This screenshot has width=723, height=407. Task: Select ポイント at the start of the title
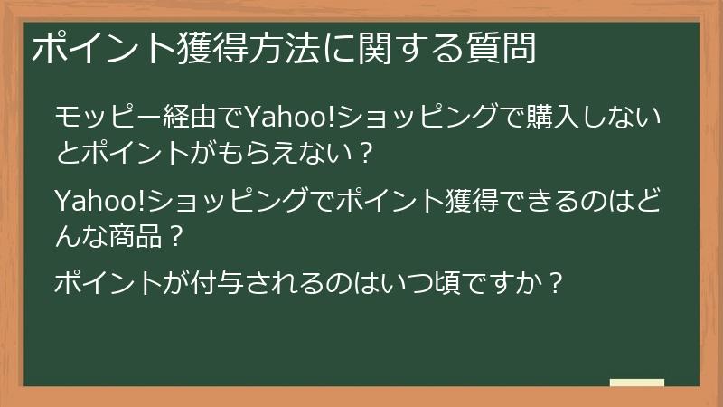click(x=100, y=47)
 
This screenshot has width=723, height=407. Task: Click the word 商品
click(x=136, y=237)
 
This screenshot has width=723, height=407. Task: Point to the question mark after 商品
click(x=177, y=237)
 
